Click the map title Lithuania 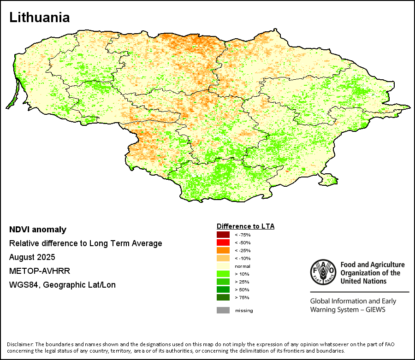pyautogui.click(x=40, y=18)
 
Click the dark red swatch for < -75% pyautogui.click(x=223, y=235)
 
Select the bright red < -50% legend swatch pyautogui.click(x=223, y=242)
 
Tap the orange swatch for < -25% pyautogui.click(x=223, y=250)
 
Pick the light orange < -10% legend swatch pyautogui.click(x=223, y=258)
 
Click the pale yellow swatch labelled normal pyautogui.click(x=223, y=266)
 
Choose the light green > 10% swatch pyautogui.click(x=223, y=274)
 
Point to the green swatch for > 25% pyautogui.click(x=223, y=282)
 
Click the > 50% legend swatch pyautogui.click(x=223, y=289)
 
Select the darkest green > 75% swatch pyautogui.click(x=223, y=297)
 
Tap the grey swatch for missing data pyautogui.click(x=223, y=310)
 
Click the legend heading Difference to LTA pyautogui.click(x=245, y=226)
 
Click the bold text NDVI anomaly pyautogui.click(x=38, y=230)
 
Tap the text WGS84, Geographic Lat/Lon pyautogui.click(x=62, y=285)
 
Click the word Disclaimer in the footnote pyautogui.click(x=20, y=344)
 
